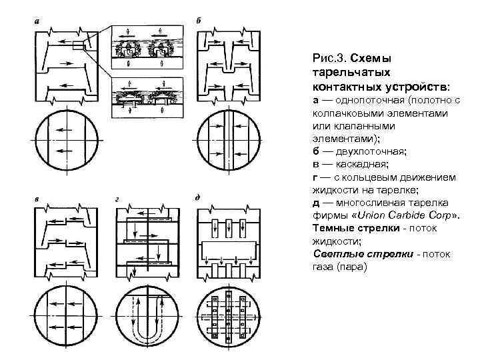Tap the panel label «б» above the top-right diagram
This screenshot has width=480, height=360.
click(199, 19)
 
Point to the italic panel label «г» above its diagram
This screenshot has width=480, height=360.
click(117, 198)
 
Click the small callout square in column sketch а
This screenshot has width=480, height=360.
click(77, 45)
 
